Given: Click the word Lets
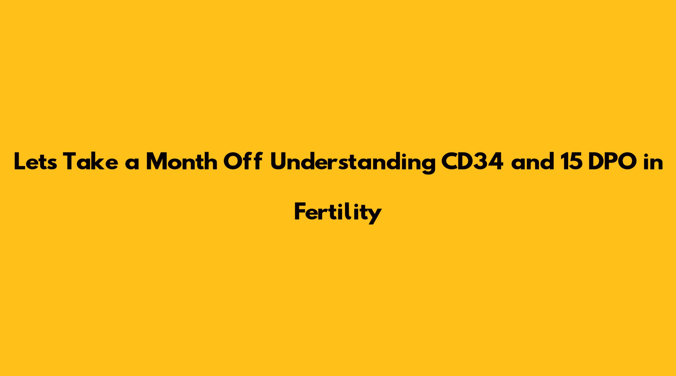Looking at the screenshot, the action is (35, 161).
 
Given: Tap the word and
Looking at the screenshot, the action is (533, 161).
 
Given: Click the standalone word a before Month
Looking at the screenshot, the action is (132, 163).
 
